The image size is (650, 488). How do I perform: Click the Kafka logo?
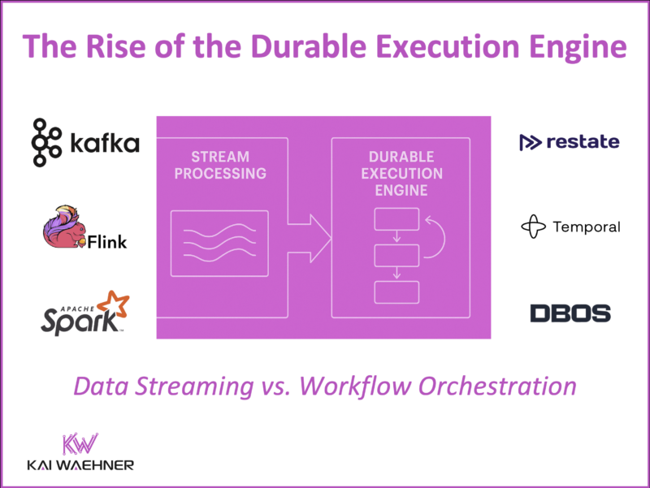(x=85, y=144)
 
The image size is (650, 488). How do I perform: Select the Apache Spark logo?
(x=85, y=314)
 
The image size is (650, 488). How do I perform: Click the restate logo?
(x=569, y=142)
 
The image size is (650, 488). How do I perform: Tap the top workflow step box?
(x=396, y=219)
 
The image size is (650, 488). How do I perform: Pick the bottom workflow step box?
(x=396, y=293)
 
